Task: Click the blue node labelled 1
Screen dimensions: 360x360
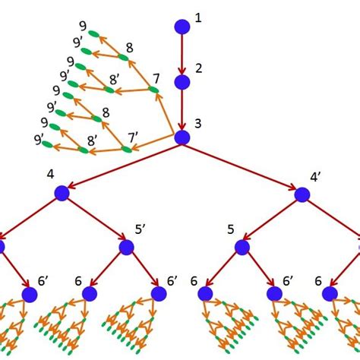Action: point(182,27)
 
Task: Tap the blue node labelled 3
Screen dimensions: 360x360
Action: point(182,137)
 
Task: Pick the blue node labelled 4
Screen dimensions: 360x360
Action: point(62,194)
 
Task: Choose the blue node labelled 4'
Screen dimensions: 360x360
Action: point(302,194)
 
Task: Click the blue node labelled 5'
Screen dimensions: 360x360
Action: point(126,248)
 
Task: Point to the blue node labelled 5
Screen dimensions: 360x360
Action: point(242,248)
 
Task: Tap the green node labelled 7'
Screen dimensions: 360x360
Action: point(127,149)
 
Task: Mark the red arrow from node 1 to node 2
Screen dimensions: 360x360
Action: point(182,53)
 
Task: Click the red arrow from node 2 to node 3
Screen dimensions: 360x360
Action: point(182,109)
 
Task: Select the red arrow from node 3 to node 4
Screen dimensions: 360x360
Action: point(122,166)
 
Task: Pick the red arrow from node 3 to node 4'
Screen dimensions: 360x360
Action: point(242,166)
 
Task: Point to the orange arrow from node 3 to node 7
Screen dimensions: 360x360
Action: point(168,114)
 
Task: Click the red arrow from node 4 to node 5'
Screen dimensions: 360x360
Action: point(93,220)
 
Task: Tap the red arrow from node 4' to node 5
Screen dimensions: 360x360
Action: point(272,221)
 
